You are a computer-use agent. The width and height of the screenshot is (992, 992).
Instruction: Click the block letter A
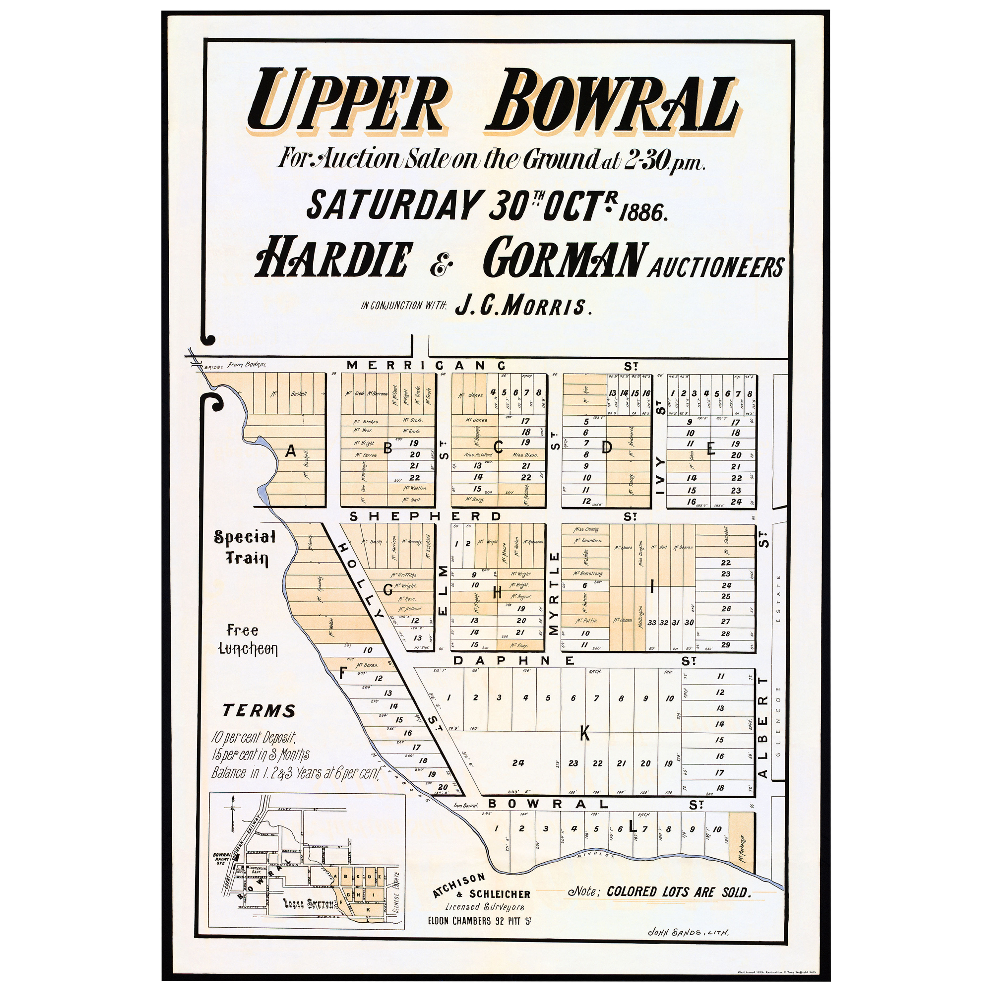click(291, 451)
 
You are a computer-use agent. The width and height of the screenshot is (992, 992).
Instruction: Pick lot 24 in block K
click(518, 763)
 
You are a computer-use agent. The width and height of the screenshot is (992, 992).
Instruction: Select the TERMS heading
click(259, 711)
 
